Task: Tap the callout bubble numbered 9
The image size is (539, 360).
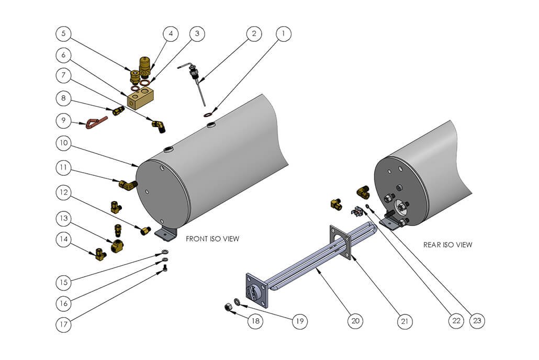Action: pyautogui.click(x=63, y=121)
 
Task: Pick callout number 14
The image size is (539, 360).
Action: pyautogui.click(x=63, y=240)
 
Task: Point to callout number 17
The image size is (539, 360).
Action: pyautogui.click(x=63, y=324)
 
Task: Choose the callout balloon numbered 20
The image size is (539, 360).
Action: pyautogui.click(x=355, y=320)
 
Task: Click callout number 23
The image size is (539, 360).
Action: pyautogui.click(x=476, y=320)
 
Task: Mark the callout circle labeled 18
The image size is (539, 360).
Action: pyautogui.click(x=254, y=320)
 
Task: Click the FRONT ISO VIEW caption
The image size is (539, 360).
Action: pyautogui.click(x=212, y=239)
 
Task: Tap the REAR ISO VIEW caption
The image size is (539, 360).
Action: pyautogui.click(x=447, y=244)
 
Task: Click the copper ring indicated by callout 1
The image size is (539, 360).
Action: pyautogui.click(x=210, y=112)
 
